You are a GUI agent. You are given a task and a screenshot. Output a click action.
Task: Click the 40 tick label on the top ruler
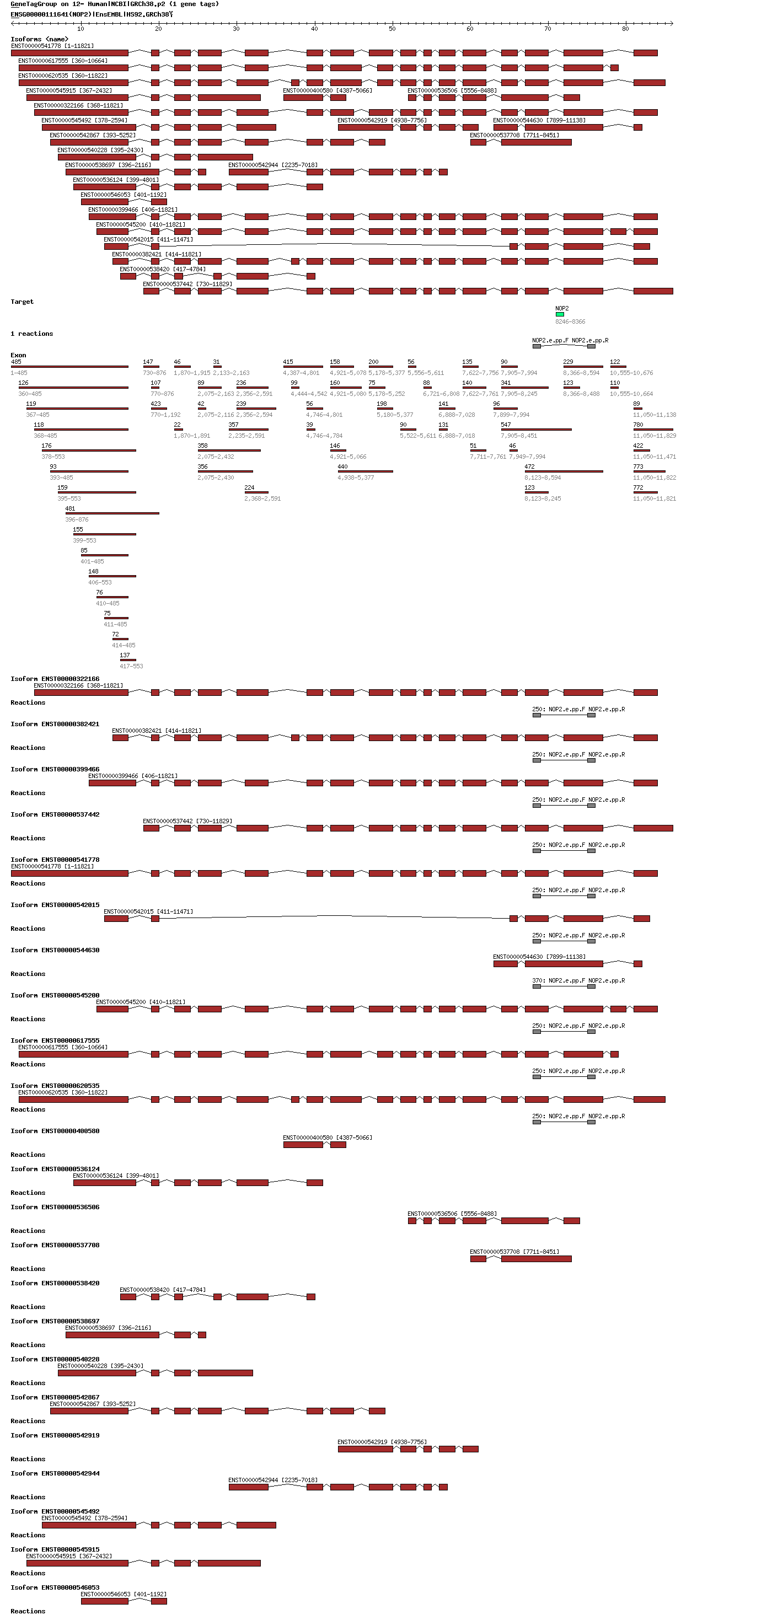[314, 29]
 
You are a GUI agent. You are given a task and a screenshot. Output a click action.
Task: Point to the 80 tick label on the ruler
[625, 29]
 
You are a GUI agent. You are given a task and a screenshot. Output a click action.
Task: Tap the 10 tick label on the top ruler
[81, 29]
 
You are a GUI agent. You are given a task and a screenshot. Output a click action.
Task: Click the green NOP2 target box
[560, 314]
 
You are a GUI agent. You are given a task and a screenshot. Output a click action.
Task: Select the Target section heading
[22, 302]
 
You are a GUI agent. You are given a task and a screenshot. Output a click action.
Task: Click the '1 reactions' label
[31, 334]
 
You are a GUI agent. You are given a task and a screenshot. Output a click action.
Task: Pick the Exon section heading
[18, 355]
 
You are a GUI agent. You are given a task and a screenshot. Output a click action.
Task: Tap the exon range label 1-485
[19, 373]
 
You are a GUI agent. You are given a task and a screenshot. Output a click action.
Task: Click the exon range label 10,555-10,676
[631, 373]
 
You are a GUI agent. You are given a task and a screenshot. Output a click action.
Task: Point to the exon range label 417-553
[131, 666]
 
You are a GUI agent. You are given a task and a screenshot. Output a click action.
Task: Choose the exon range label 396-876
[77, 519]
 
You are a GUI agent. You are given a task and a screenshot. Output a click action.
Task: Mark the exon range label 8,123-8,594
[543, 478]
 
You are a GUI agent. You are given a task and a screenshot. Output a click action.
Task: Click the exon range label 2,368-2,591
[262, 498]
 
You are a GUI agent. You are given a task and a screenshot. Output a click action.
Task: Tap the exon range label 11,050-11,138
[654, 415]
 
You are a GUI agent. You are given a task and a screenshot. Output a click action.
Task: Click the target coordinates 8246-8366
[570, 322]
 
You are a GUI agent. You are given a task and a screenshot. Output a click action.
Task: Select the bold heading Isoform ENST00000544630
[55, 950]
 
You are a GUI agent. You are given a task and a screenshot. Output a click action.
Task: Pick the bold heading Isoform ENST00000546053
[55, 1587]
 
